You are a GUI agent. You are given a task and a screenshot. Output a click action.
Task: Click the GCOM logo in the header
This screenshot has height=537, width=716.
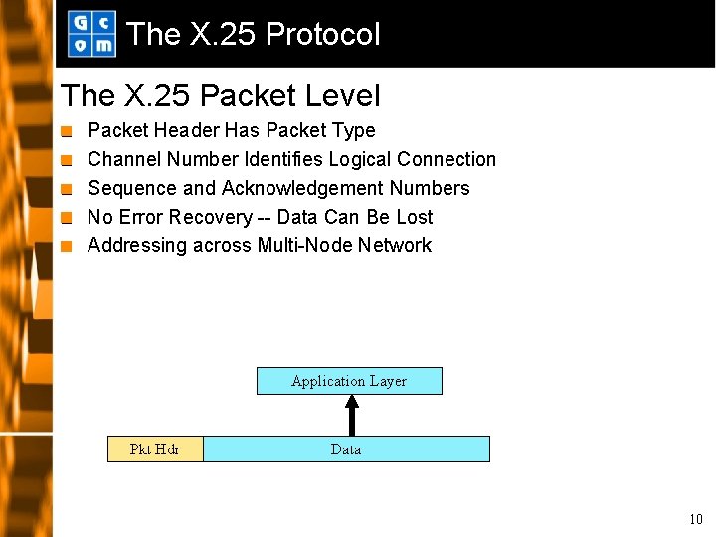click(91, 34)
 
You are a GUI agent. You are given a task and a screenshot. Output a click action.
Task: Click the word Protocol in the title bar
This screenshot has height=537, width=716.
click(323, 35)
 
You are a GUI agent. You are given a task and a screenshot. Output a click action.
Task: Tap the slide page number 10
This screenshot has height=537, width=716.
click(695, 519)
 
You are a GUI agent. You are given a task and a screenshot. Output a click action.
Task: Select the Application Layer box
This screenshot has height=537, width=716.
click(349, 381)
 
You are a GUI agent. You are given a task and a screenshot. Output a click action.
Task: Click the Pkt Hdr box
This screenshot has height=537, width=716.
click(155, 449)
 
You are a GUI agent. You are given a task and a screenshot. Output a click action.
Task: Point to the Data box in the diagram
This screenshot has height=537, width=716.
click(346, 449)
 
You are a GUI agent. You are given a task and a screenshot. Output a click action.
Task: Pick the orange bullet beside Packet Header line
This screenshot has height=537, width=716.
click(67, 131)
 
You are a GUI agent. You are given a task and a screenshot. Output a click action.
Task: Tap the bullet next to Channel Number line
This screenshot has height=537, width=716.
click(67, 160)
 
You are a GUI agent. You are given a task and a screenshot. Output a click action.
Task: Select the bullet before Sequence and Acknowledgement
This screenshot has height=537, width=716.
click(67, 189)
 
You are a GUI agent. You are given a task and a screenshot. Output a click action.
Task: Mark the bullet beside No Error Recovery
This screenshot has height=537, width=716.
click(67, 218)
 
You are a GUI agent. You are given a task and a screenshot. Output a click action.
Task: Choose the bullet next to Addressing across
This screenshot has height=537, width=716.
click(67, 246)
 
